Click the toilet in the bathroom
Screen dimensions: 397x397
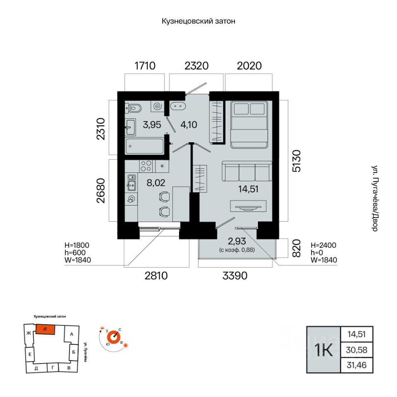[x=133, y=108]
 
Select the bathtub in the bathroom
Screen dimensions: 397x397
[x=145, y=146]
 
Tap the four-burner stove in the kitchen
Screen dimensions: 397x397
[x=146, y=166]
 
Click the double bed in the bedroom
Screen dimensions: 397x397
[x=249, y=124]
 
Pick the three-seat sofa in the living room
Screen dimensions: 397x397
[x=247, y=171]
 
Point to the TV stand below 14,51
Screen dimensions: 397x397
[x=248, y=206]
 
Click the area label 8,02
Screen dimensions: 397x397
[x=156, y=182]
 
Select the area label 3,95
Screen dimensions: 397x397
[x=152, y=124]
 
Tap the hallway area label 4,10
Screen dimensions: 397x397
[x=189, y=124]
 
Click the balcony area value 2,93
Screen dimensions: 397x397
[x=237, y=241]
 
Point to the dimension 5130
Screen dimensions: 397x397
[x=297, y=161]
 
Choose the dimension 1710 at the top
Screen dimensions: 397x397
[x=145, y=66]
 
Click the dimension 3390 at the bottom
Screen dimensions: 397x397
[x=235, y=276]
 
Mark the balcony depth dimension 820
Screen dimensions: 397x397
[x=297, y=248]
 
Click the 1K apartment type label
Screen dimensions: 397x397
[x=323, y=350]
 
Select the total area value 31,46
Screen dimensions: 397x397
[x=356, y=365]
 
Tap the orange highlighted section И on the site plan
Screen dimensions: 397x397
[x=45, y=329]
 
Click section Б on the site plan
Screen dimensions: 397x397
[x=74, y=352]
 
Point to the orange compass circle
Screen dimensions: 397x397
[x=114, y=337]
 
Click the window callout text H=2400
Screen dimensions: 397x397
[x=323, y=245]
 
